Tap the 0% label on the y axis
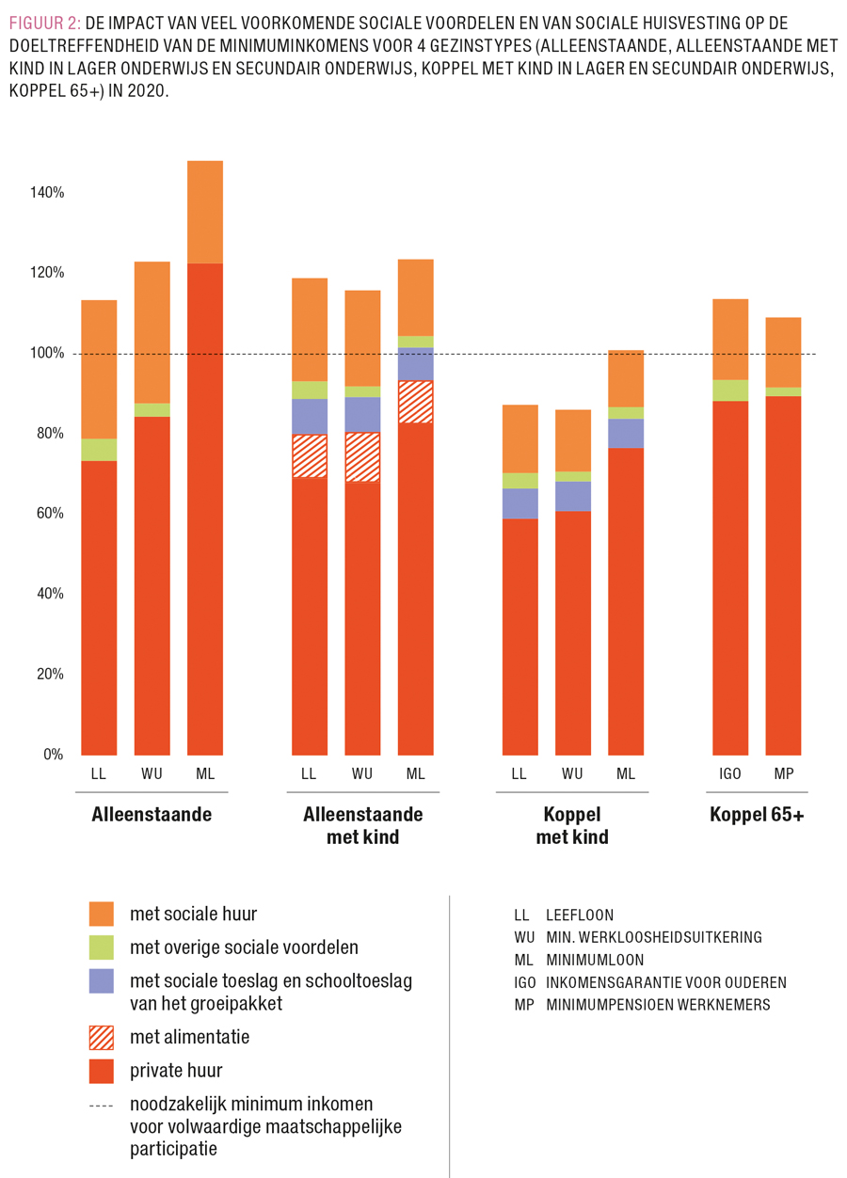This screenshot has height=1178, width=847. pos(53,755)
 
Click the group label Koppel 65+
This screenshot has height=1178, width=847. pos(757,815)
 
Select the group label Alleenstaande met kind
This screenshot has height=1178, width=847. pos(362,825)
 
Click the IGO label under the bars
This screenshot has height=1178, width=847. pos(730,774)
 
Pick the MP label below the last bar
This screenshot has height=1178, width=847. pos(783,774)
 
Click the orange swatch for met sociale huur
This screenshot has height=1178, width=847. pos(102,914)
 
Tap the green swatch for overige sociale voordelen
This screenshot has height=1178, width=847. pos(102,947)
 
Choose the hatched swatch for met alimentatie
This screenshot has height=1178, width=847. pos(102,1038)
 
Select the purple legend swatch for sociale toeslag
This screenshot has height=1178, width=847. pos(102,981)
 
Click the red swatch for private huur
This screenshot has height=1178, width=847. pos(102,1071)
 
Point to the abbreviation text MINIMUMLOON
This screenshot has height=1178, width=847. pos(595,960)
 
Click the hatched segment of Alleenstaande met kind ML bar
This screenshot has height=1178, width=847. pos(415,402)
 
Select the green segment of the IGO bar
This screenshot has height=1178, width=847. pos(730,390)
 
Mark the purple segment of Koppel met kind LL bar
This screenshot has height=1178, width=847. pos(519,503)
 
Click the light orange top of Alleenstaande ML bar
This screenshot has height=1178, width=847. pos(205,212)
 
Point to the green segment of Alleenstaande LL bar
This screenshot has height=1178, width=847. pos(99,450)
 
